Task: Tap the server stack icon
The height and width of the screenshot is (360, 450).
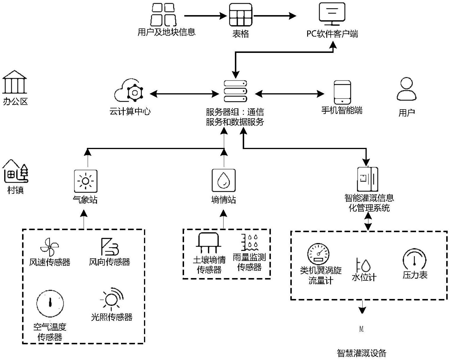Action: tap(235, 91)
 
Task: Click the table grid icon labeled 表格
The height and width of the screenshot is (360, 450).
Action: tap(240, 15)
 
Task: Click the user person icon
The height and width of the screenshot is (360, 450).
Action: tap(406, 89)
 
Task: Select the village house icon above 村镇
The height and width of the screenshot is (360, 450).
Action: tap(15, 171)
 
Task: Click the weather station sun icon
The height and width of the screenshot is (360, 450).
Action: tap(85, 181)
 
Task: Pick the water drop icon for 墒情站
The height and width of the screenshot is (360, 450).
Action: tap(223, 180)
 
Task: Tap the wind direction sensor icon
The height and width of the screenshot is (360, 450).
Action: tap(109, 247)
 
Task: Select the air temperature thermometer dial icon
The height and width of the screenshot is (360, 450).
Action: tap(50, 304)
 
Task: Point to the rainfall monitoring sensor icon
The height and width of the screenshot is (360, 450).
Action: tap(250, 243)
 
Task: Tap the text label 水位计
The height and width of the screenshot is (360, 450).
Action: tap(364, 277)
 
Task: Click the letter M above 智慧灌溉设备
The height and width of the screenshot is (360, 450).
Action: tap(361, 329)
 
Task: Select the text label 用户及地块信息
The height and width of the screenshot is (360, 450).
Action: tap(166, 32)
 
